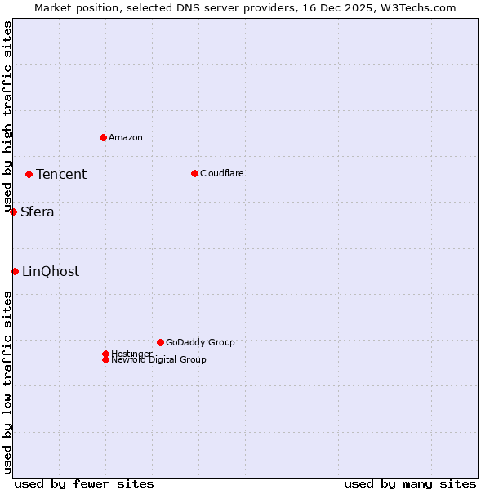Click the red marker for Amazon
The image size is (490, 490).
click(103, 137)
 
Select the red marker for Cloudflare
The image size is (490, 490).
click(194, 173)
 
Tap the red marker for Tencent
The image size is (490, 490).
click(29, 174)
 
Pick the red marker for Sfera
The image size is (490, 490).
click(13, 212)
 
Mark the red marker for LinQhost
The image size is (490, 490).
click(15, 271)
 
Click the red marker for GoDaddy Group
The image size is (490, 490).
click(160, 342)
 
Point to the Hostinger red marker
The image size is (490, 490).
click(105, 354)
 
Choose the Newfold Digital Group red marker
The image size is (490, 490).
click(105, 359)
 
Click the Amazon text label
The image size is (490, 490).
click(126, 137)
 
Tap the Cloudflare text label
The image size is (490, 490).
click(222, 173)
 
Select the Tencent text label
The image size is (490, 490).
click(61, 174)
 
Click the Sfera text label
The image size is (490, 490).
click(38, 212)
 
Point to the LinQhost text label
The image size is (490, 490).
click(51, 272)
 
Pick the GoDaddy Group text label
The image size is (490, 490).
click(200, 342)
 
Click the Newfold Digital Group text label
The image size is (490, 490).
click(158, 360)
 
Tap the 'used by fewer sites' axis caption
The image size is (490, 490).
click(84, 483)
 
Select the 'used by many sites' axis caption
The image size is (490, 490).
click(410, 483)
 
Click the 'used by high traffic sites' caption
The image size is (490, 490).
click(7, 117)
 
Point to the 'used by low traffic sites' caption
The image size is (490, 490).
click(7, 382)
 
